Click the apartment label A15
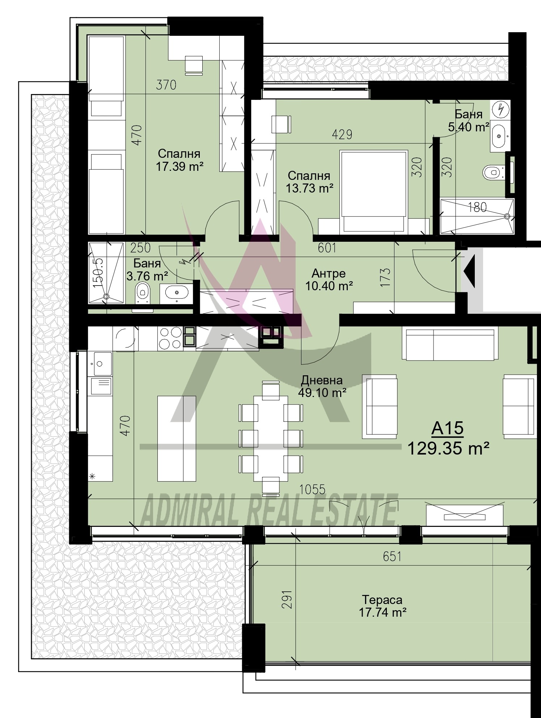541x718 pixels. click(x=447, y=428)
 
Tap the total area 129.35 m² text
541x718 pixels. click(x=448, y=449)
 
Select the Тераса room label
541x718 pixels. click(x=382, y=600)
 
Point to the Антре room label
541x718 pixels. click(x=329, y=273)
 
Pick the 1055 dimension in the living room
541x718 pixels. click(x=312, y=489)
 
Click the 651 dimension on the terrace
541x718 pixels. click(x=392, y=557)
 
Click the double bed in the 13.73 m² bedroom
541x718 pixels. click(x=373, y=192)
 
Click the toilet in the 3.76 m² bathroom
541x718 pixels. click(x=143, y=292)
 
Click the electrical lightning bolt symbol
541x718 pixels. click(x=501, y=109)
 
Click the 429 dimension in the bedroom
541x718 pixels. click(x=342, y=134)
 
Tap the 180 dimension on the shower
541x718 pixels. click(x=477, y=207)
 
